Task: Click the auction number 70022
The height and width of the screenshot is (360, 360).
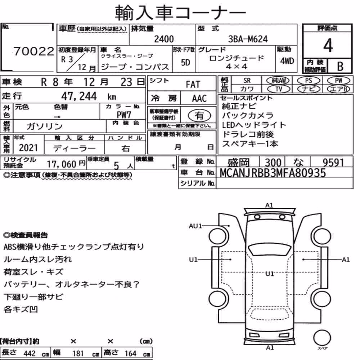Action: (x=33, y=51)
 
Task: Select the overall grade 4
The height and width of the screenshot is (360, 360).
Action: (x=328, y=45)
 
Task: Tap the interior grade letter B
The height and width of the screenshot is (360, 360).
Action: (x=340, y=67)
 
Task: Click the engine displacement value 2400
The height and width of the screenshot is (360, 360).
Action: (x=164, y=39)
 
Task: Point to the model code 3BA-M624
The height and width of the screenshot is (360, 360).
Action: (x=248, y=39)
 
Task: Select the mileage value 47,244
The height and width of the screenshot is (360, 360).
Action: (x=79, y=96)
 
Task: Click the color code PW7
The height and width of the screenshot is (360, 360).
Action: (x=124, y=114)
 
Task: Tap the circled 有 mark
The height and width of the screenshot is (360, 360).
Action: (x=199, y=116)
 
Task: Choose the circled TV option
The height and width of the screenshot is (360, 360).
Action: (x=279, y=89)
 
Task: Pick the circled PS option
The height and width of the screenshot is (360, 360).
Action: (x=309, y=81)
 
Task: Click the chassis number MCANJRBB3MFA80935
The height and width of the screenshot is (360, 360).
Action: (x=273, y=173)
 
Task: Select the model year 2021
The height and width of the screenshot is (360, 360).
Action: (x=28, y=148)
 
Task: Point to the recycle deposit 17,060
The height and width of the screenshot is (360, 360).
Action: (x=62, y=164)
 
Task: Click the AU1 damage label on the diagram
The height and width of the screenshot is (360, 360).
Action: (x=195, y=226)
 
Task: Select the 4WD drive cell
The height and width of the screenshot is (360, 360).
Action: (x=287, y=61)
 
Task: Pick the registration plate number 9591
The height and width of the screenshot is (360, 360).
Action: (x=333, y=163)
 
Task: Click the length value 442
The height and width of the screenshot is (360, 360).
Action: (x=30, y=354)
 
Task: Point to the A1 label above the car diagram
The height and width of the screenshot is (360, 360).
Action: (x=269, y=205)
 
